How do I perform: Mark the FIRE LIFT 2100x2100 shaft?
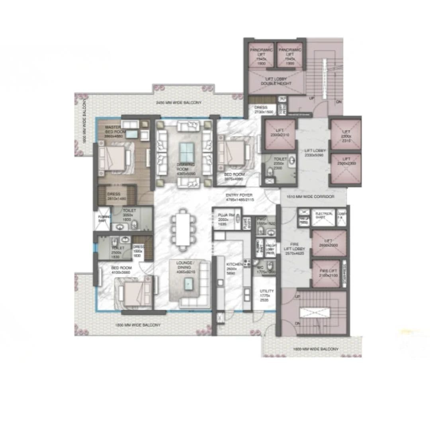click(326, 274)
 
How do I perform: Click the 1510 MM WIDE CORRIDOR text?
click(313, 197)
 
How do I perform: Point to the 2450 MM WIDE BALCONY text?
click(178, 103)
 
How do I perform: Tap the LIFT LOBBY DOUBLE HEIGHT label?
click(276, 82)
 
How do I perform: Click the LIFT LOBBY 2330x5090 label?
click(315, 152)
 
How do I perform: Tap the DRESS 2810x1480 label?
click(114, 196)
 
